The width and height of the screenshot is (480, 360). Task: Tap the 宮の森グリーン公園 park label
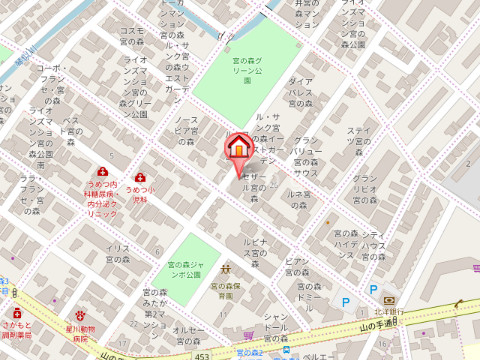pyautogui.click(x=247, y=70)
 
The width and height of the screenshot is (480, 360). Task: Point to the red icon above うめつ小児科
pyautogui.click(x=140, y=175)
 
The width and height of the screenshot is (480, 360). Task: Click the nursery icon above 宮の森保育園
pyautogui.click(x=226, y=270)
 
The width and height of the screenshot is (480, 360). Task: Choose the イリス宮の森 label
pyautogui.click(x=119, y=253)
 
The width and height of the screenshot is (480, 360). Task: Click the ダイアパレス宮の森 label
pyautogui.click(x=302, y=92)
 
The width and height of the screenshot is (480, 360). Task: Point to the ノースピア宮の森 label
pyautogui.click(x=187, y=131)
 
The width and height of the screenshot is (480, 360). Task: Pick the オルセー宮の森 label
pyautogui.click(x=189, y=335)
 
